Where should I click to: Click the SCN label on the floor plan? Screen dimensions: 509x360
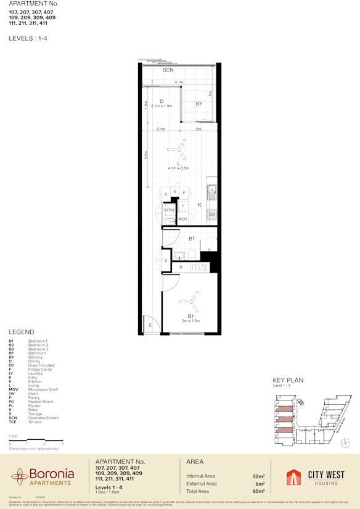[x=168, y=71]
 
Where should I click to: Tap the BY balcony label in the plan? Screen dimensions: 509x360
[x=199, y=104]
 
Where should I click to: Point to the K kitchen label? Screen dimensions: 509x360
[x=200, y=205]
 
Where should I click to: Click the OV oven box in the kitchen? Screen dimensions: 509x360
[x=212, y=214]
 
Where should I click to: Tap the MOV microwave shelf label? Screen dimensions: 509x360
[x=182, y=219]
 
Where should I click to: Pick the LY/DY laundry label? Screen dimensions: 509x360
[x=170, y=210]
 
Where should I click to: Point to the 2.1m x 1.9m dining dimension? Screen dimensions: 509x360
[x=161, y=107]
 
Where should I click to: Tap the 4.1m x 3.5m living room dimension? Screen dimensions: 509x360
[x=178, y=168]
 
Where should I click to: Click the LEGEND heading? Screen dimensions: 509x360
[x=22, y=332]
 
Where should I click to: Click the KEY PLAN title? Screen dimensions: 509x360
[x=288, y=381]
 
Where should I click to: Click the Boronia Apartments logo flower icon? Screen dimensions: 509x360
[x=18, y=476]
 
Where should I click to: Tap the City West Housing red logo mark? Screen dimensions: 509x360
[x=294, y=478]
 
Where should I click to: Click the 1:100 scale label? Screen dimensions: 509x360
[x=13, y=436]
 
